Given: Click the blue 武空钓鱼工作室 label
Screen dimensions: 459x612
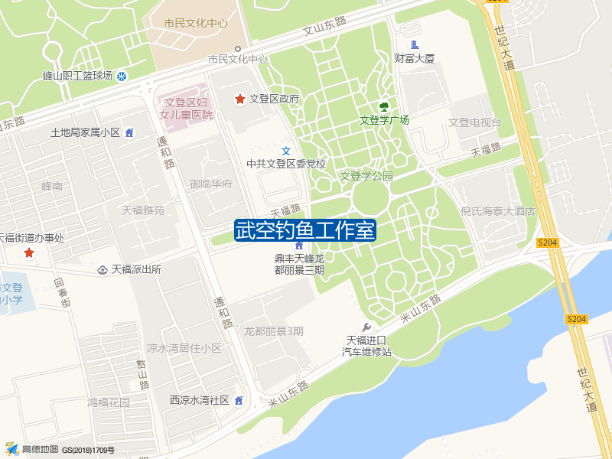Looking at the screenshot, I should (304, 229).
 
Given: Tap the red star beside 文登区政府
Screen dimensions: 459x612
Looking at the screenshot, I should (239, 99).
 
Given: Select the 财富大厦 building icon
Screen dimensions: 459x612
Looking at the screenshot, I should (415, 44).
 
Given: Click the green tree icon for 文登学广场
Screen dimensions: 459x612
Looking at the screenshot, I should (384, 107).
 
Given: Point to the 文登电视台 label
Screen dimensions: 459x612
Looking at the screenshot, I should (475, 122).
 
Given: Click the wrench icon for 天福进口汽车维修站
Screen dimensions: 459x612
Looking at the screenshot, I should (366, 327).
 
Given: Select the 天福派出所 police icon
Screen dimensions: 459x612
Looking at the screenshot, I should (103, 269).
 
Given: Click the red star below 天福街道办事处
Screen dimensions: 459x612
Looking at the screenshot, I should (29, 252).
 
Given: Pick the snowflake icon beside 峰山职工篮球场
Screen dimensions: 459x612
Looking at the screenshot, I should (122, 76).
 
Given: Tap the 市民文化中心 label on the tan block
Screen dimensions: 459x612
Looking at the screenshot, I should (196, 23).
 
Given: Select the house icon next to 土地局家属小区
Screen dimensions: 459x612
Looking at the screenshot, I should (129, 133).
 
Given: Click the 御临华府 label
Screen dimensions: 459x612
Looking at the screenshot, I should (211, 184).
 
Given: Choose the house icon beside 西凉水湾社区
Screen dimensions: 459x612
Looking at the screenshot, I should (239, 400).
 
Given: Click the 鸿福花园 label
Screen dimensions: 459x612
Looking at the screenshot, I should (109, 402).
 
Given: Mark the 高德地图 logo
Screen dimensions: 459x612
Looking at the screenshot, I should (31, 449).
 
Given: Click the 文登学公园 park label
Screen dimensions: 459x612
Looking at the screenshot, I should (366, 176).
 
